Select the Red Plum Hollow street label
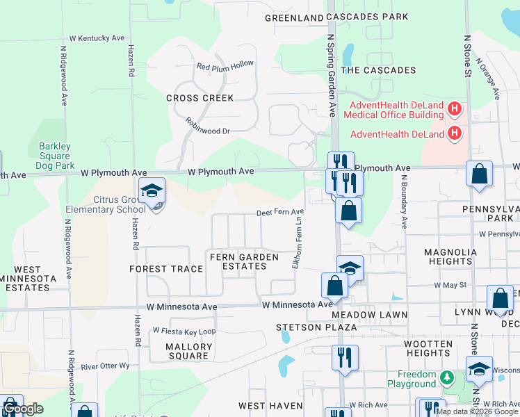coord(225,65)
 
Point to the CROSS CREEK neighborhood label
coord(200,98)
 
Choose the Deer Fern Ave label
coord(281,212)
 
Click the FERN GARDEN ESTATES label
coord(244,262)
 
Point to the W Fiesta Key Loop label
coord(184,332)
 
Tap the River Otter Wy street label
coord(105,366)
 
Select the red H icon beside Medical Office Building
coord(455,109)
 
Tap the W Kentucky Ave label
coord(97,39)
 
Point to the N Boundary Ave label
coord(403,201)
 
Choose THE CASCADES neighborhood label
coord(378,70)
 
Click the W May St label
coord(450,285)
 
